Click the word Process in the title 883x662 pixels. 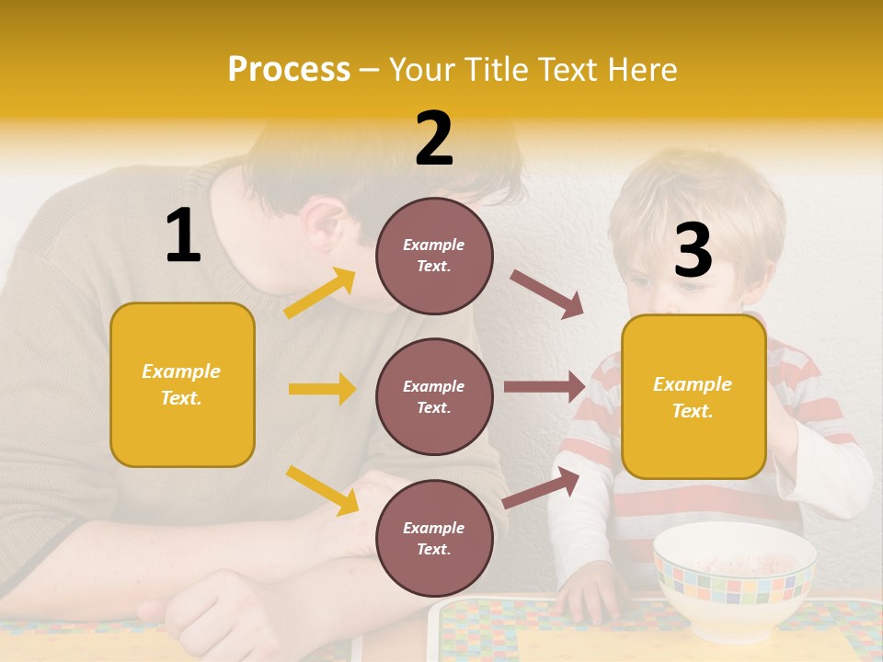[289, 70]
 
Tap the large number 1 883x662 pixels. [183, 235]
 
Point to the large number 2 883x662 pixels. [434, 139]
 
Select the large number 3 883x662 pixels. [693, 251]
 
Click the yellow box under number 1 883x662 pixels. [182, 384]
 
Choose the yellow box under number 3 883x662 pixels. [694, 396]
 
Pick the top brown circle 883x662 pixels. [434, 256]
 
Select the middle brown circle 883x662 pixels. [434, 396]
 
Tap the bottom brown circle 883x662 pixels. [434, 538]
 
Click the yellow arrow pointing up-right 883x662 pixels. [320, 293]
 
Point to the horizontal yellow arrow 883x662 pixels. [322, 389]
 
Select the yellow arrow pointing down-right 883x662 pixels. [322, 490]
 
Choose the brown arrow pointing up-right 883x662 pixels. [542, 487]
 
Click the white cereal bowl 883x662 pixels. [733, 579]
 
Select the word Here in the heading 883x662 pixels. [643, 70]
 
